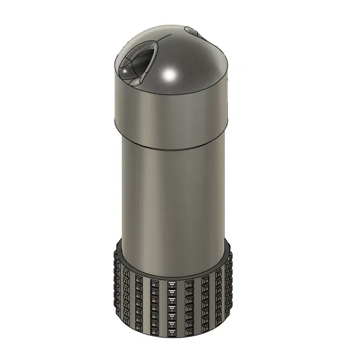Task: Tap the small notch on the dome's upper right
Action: click(x=192, y=31)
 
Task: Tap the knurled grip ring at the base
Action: click(x=173, y=305)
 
